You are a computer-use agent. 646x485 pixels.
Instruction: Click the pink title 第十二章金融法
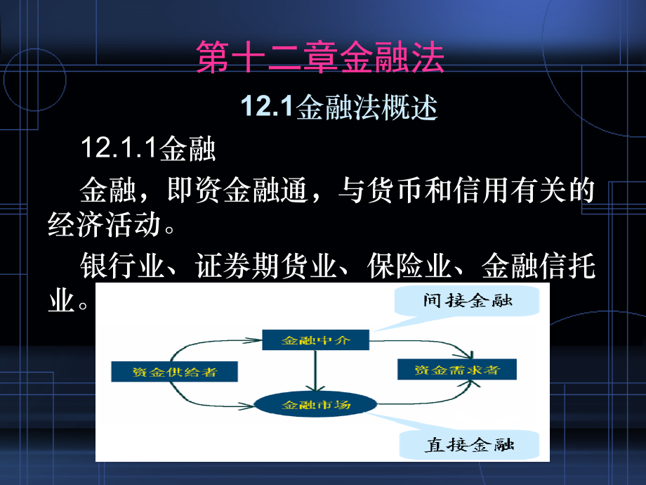(320, 58)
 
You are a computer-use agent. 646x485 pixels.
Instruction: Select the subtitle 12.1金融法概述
(339, 107)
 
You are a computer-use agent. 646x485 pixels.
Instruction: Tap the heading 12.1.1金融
(148, 148)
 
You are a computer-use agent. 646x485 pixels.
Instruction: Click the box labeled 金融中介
(315, 339)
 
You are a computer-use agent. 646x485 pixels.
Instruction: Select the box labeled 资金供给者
(174, 372)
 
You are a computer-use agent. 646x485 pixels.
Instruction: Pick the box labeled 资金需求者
(457, 370)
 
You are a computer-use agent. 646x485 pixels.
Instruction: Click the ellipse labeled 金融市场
(315, 404)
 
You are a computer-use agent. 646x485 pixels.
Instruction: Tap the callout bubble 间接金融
(467, 301)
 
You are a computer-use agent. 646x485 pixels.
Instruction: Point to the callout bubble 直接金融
(469, 444)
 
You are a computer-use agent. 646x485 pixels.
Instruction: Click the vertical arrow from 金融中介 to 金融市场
(315, 370)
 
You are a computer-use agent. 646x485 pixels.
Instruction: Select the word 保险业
(409, 266)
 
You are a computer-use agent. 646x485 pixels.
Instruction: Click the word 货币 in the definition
(395, 190)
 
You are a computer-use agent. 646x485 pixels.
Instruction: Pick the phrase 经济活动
(105, 225)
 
